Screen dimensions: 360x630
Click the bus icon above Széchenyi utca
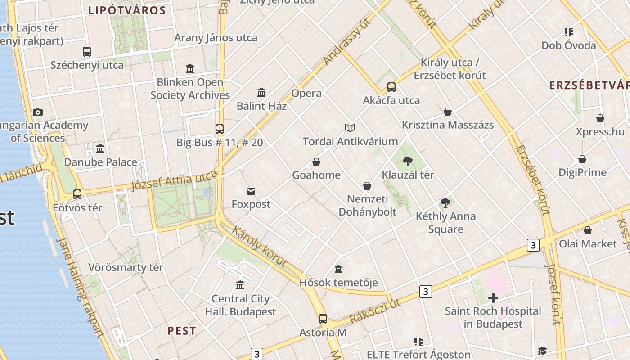[87, 52]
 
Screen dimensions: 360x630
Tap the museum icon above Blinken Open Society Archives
[190, 69]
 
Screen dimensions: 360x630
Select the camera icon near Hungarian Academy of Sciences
[38, 112]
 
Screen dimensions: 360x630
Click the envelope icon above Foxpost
[251, 191]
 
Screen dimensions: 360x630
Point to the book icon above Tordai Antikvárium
[350, 128]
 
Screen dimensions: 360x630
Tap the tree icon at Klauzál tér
[408, 161]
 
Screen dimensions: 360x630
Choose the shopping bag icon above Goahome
[316, 162]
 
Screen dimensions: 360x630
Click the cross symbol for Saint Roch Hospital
[493, 298]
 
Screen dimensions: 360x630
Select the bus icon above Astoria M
[323, 319]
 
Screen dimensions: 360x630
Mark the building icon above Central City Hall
[240, 285]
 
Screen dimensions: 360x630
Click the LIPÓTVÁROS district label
[127, 10]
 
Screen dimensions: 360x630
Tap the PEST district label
[182, 331]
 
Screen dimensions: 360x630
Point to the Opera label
[306, 93]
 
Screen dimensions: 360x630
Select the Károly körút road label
[259, 246]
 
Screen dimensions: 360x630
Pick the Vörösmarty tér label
[126, 267]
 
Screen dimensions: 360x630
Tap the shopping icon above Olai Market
[588, 231]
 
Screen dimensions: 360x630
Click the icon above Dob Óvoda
[569, 32]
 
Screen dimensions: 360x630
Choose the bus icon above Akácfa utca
[391, 87]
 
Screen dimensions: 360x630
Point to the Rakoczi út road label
[375, 311]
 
